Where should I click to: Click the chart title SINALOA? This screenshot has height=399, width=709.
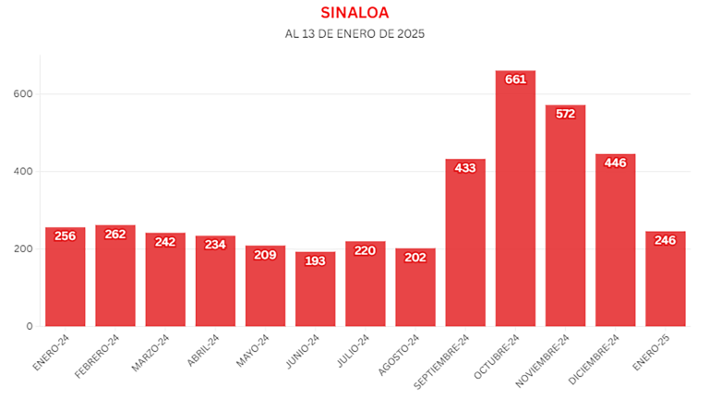(354, 13)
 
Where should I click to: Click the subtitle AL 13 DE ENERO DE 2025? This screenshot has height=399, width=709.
(354, 34)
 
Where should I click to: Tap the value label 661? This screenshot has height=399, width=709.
(515, 79)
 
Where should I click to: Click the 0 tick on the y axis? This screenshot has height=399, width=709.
(30, 326)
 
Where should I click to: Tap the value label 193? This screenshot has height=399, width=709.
(316, 260)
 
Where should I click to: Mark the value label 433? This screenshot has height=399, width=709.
(465, 168)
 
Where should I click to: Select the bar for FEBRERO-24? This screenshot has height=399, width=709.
(115, 276)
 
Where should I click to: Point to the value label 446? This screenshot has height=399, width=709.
(615, 163)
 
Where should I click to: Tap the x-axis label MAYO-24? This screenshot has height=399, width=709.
(253, 348)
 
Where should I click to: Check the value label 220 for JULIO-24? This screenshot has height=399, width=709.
(366, 250)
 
